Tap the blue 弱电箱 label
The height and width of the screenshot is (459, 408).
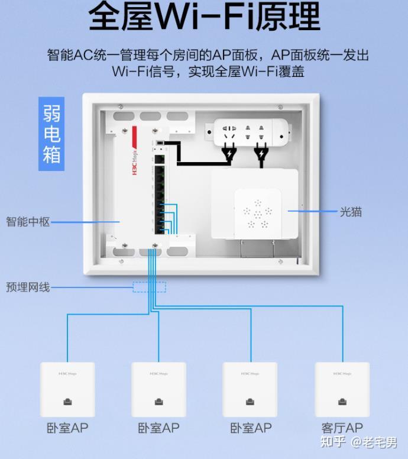tap(51, 134)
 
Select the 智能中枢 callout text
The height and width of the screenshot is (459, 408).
tap(28, 222)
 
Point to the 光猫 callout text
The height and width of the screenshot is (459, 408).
tap(350, 211)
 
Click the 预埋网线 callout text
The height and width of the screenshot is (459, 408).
tap(28, 287)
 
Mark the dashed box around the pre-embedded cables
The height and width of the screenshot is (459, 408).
tap(149, 287)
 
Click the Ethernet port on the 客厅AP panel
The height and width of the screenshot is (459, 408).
tap(342, 402)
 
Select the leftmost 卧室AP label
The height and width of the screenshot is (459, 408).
tap(67, 428)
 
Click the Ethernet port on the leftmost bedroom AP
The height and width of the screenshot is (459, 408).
tap(67, 402)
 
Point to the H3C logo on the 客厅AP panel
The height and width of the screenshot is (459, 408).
tap(342, 373)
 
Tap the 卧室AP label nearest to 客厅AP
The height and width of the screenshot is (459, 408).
tap(251, 428)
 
